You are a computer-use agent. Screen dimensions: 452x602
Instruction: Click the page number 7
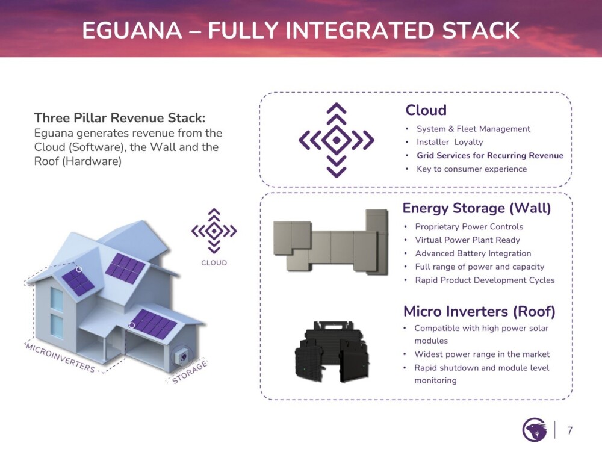click(569, 430)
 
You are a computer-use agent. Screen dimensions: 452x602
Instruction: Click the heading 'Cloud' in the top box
click(426, 110)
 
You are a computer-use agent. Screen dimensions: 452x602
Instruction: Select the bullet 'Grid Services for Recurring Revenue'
click(489, 156)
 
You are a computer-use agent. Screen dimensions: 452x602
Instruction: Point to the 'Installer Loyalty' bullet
click(449, 143)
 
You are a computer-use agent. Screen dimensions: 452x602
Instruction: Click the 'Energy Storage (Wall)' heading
click(476, 208)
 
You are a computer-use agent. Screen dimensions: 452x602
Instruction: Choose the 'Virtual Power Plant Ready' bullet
click(467, 240)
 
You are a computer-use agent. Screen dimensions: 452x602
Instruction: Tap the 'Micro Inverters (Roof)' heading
click(479, 311)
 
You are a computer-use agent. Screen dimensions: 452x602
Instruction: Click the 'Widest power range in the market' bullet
click(482, 354)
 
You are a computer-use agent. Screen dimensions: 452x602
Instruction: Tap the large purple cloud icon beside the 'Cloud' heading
click(336, 140)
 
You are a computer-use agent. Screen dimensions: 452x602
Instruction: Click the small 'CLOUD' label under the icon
click(214, 263)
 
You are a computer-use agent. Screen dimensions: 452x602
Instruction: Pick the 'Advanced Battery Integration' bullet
click(473, 253)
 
